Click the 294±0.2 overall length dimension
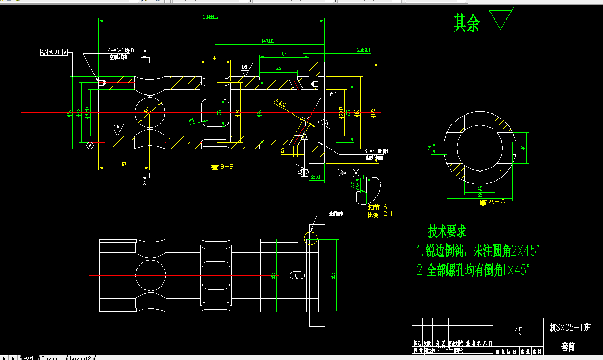(x=211, y=17)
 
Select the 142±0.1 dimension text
(x=269, y=41)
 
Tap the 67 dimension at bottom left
(x=124, y=164)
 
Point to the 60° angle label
(x=333, y=94)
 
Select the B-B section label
(x=223, y=167)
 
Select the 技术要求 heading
(x=447, y=232)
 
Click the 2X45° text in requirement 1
(x=524, y=251)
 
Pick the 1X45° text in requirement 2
(x=516, y=271)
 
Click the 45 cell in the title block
(x=518, y=331)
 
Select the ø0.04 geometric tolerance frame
(x=54, y=52)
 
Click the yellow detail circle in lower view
(x=311, y=238)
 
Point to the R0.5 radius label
(x=354, y=183)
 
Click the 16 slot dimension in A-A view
(x=430, y=147)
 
